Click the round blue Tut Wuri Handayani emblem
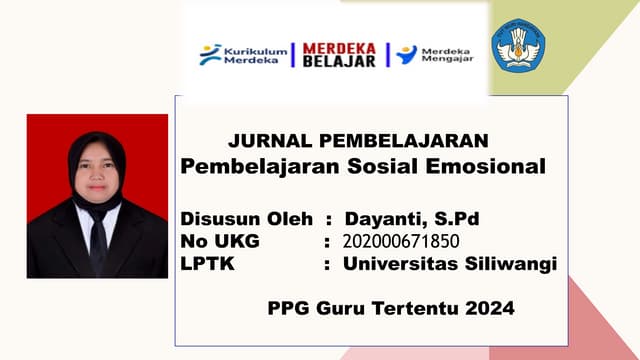[x=518, y=46]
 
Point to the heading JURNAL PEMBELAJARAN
[x=358, y=141]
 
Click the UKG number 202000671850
[x=402, y=241]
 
